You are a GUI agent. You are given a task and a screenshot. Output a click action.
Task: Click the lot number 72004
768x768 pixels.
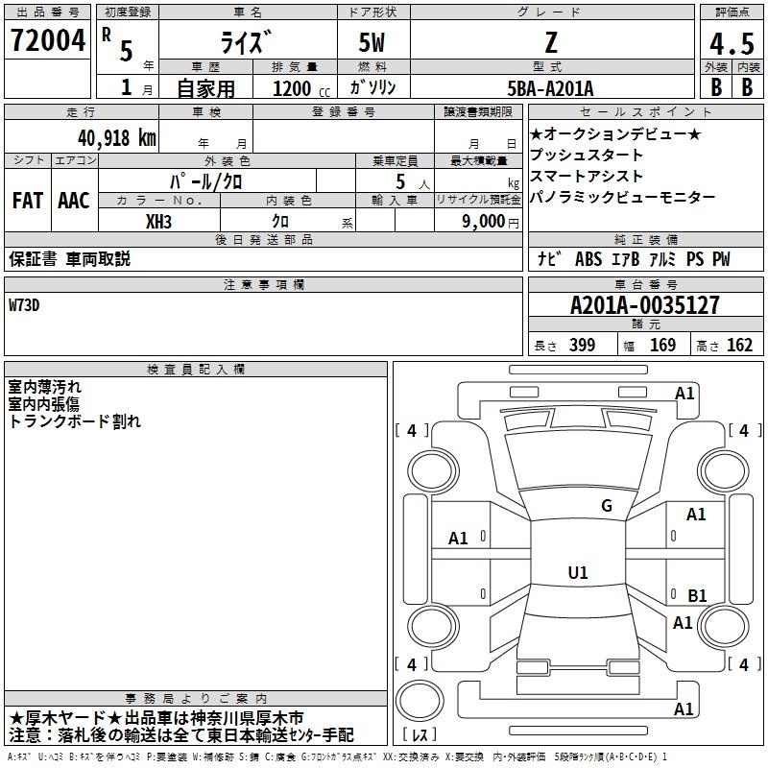click(47, 39)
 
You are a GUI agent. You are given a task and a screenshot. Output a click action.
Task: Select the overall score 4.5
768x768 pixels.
click(732, 44)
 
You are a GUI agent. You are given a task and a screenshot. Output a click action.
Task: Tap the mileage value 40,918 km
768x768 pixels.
click(116, 138)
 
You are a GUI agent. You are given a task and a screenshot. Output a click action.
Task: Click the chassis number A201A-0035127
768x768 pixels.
click(645, 305)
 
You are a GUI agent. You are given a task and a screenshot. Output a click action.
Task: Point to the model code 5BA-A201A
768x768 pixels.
click(550, 88)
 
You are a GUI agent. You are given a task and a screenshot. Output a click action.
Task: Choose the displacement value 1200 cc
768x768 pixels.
click(301, 88)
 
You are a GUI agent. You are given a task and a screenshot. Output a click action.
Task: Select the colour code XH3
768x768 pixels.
click(158, 222)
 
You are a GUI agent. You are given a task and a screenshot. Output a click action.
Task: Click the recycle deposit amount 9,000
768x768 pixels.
click(484, 222)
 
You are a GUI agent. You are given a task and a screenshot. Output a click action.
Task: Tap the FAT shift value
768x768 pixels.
click(28, 201)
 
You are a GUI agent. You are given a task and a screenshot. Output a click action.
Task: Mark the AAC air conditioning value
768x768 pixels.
click(74, 201)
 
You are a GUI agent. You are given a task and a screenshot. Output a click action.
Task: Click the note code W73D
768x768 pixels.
click(24, 305)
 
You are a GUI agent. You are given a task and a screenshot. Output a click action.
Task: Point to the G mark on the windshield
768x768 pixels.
click(607, 505)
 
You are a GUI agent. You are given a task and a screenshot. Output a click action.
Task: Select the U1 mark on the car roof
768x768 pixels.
click(578, 572)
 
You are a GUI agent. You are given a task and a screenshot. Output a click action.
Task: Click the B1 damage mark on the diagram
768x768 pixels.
click(697, 595)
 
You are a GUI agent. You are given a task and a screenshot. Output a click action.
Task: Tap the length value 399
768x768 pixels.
click(582, 345)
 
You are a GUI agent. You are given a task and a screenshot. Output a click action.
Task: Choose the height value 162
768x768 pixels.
click(739, 345)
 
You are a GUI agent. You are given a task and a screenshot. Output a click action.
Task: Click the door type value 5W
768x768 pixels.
click(372, 42)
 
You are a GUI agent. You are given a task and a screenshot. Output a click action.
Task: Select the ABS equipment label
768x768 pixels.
click(588, 259)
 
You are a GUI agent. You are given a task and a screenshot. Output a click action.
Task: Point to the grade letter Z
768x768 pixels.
click(551, 42)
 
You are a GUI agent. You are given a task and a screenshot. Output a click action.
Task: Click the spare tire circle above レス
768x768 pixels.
click(420, 701)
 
